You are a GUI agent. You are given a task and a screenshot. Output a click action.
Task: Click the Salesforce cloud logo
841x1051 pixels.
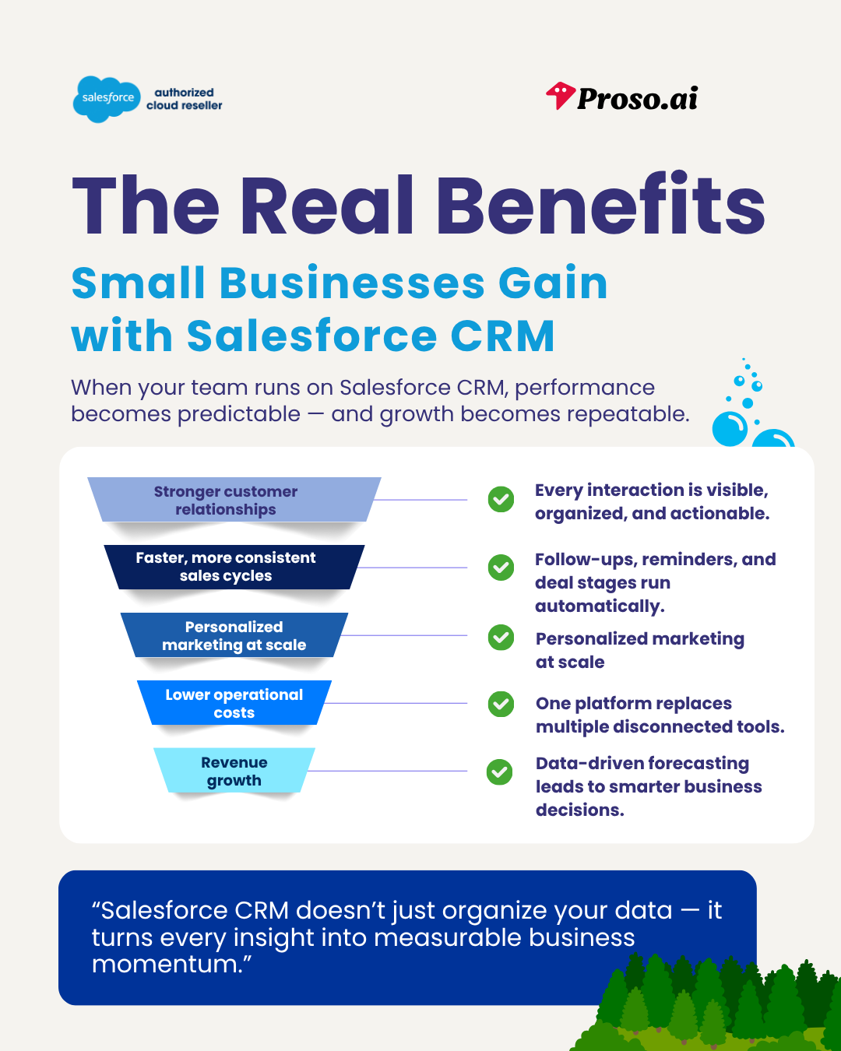(x=107, y=99)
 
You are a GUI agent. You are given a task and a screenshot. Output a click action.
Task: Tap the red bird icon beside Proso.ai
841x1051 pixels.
(x=560, y=96)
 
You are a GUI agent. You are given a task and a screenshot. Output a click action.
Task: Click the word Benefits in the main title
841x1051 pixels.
(x=600, y=206)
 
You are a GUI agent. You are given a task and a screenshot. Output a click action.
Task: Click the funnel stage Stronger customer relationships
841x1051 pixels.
(x=226, y=500)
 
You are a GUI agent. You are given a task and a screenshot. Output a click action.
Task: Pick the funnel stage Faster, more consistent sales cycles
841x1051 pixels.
(x=226, y=567)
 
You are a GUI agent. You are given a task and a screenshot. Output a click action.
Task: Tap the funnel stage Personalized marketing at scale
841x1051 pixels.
(x=234, y=635)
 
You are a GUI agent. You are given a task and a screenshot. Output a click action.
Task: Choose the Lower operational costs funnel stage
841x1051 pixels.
(x=234, y=703)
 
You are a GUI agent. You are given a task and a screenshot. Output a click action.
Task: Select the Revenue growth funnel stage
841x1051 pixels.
(x=234, y=771)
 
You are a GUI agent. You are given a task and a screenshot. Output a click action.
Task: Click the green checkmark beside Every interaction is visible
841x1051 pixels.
(x=501, y=499)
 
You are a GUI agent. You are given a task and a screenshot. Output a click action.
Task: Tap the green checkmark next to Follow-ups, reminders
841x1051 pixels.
(x=501, y=568)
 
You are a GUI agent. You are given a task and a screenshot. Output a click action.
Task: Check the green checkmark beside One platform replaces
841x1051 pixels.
(x=501, y=704)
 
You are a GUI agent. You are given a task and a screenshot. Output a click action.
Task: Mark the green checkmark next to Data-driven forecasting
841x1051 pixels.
(x=500, y=772)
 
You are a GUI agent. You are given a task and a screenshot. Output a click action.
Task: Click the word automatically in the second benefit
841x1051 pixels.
(x=599, y=606)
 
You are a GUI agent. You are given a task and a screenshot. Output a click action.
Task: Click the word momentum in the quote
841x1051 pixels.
(x=167, y=965)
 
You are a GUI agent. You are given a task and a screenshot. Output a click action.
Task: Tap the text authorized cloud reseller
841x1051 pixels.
(x=184, y=99)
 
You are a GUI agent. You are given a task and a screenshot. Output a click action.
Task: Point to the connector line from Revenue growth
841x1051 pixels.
(x=389, y=771)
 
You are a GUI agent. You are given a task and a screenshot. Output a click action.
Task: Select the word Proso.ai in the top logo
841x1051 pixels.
(x=637, y=99)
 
